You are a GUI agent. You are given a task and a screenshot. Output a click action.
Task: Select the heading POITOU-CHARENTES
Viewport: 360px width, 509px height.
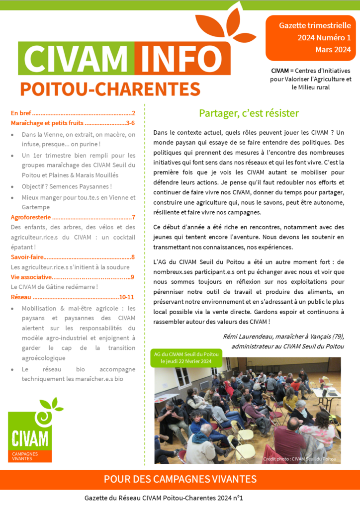coord(110,89)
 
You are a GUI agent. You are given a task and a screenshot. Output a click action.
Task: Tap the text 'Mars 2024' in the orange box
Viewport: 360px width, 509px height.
coord(333,50)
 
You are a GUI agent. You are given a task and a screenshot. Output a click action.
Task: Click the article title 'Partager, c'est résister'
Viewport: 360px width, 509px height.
coord(249,113)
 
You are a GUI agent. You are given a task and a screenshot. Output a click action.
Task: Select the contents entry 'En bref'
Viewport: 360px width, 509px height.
coord(21,113)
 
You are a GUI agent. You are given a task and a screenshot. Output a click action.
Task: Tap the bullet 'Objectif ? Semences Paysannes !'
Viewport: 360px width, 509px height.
coord(67,186)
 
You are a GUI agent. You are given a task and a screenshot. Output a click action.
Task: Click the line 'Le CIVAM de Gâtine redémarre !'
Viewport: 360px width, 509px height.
coord(54,287)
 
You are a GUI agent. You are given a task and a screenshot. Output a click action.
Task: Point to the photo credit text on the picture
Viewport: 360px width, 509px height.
coord(299,459)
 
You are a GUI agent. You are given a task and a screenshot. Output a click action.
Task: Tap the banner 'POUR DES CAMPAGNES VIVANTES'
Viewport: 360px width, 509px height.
coord(180,479)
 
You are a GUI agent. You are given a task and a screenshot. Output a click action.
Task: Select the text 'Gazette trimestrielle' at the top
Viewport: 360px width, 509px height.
coord(315,25)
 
